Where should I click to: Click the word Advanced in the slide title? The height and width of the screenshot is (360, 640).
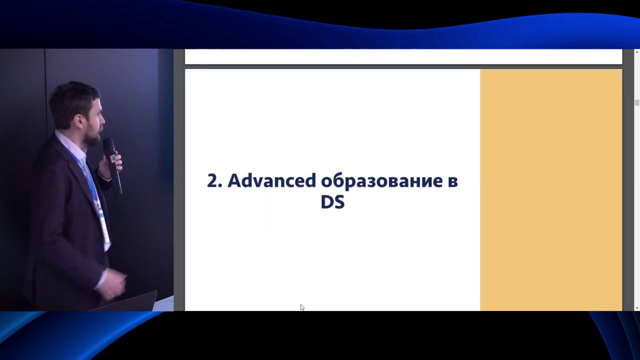(x=271, y=180)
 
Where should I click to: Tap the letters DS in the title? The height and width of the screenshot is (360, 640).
(x=332, y=202)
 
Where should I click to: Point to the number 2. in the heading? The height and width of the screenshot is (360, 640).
(x=214, y=181)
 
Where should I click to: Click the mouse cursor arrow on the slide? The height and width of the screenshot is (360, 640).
(x=302, y=307)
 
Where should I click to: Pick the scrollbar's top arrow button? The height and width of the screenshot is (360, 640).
(x=636, y=52)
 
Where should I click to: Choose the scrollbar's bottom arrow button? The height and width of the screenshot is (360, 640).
(x=636, y=307)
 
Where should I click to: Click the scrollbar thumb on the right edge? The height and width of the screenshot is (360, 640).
(x=636, y=102)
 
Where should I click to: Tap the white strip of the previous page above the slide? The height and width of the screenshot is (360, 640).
(x=403, y=56)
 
